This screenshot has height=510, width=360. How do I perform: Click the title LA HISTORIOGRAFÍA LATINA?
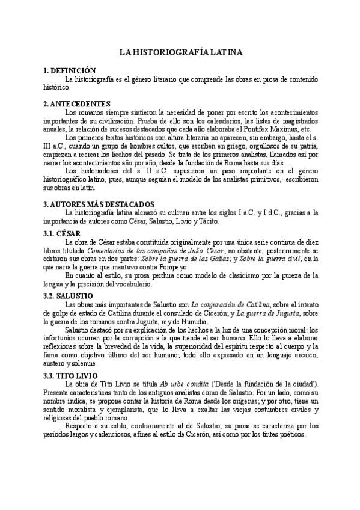click(180, 53)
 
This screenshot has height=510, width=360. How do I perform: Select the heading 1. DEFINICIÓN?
click(69, 71)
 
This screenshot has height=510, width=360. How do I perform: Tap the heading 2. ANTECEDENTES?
click(76, 103)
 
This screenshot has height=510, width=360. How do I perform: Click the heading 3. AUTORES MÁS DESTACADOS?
click(99, 204)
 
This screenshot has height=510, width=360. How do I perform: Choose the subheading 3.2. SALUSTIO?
click(69, 296)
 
